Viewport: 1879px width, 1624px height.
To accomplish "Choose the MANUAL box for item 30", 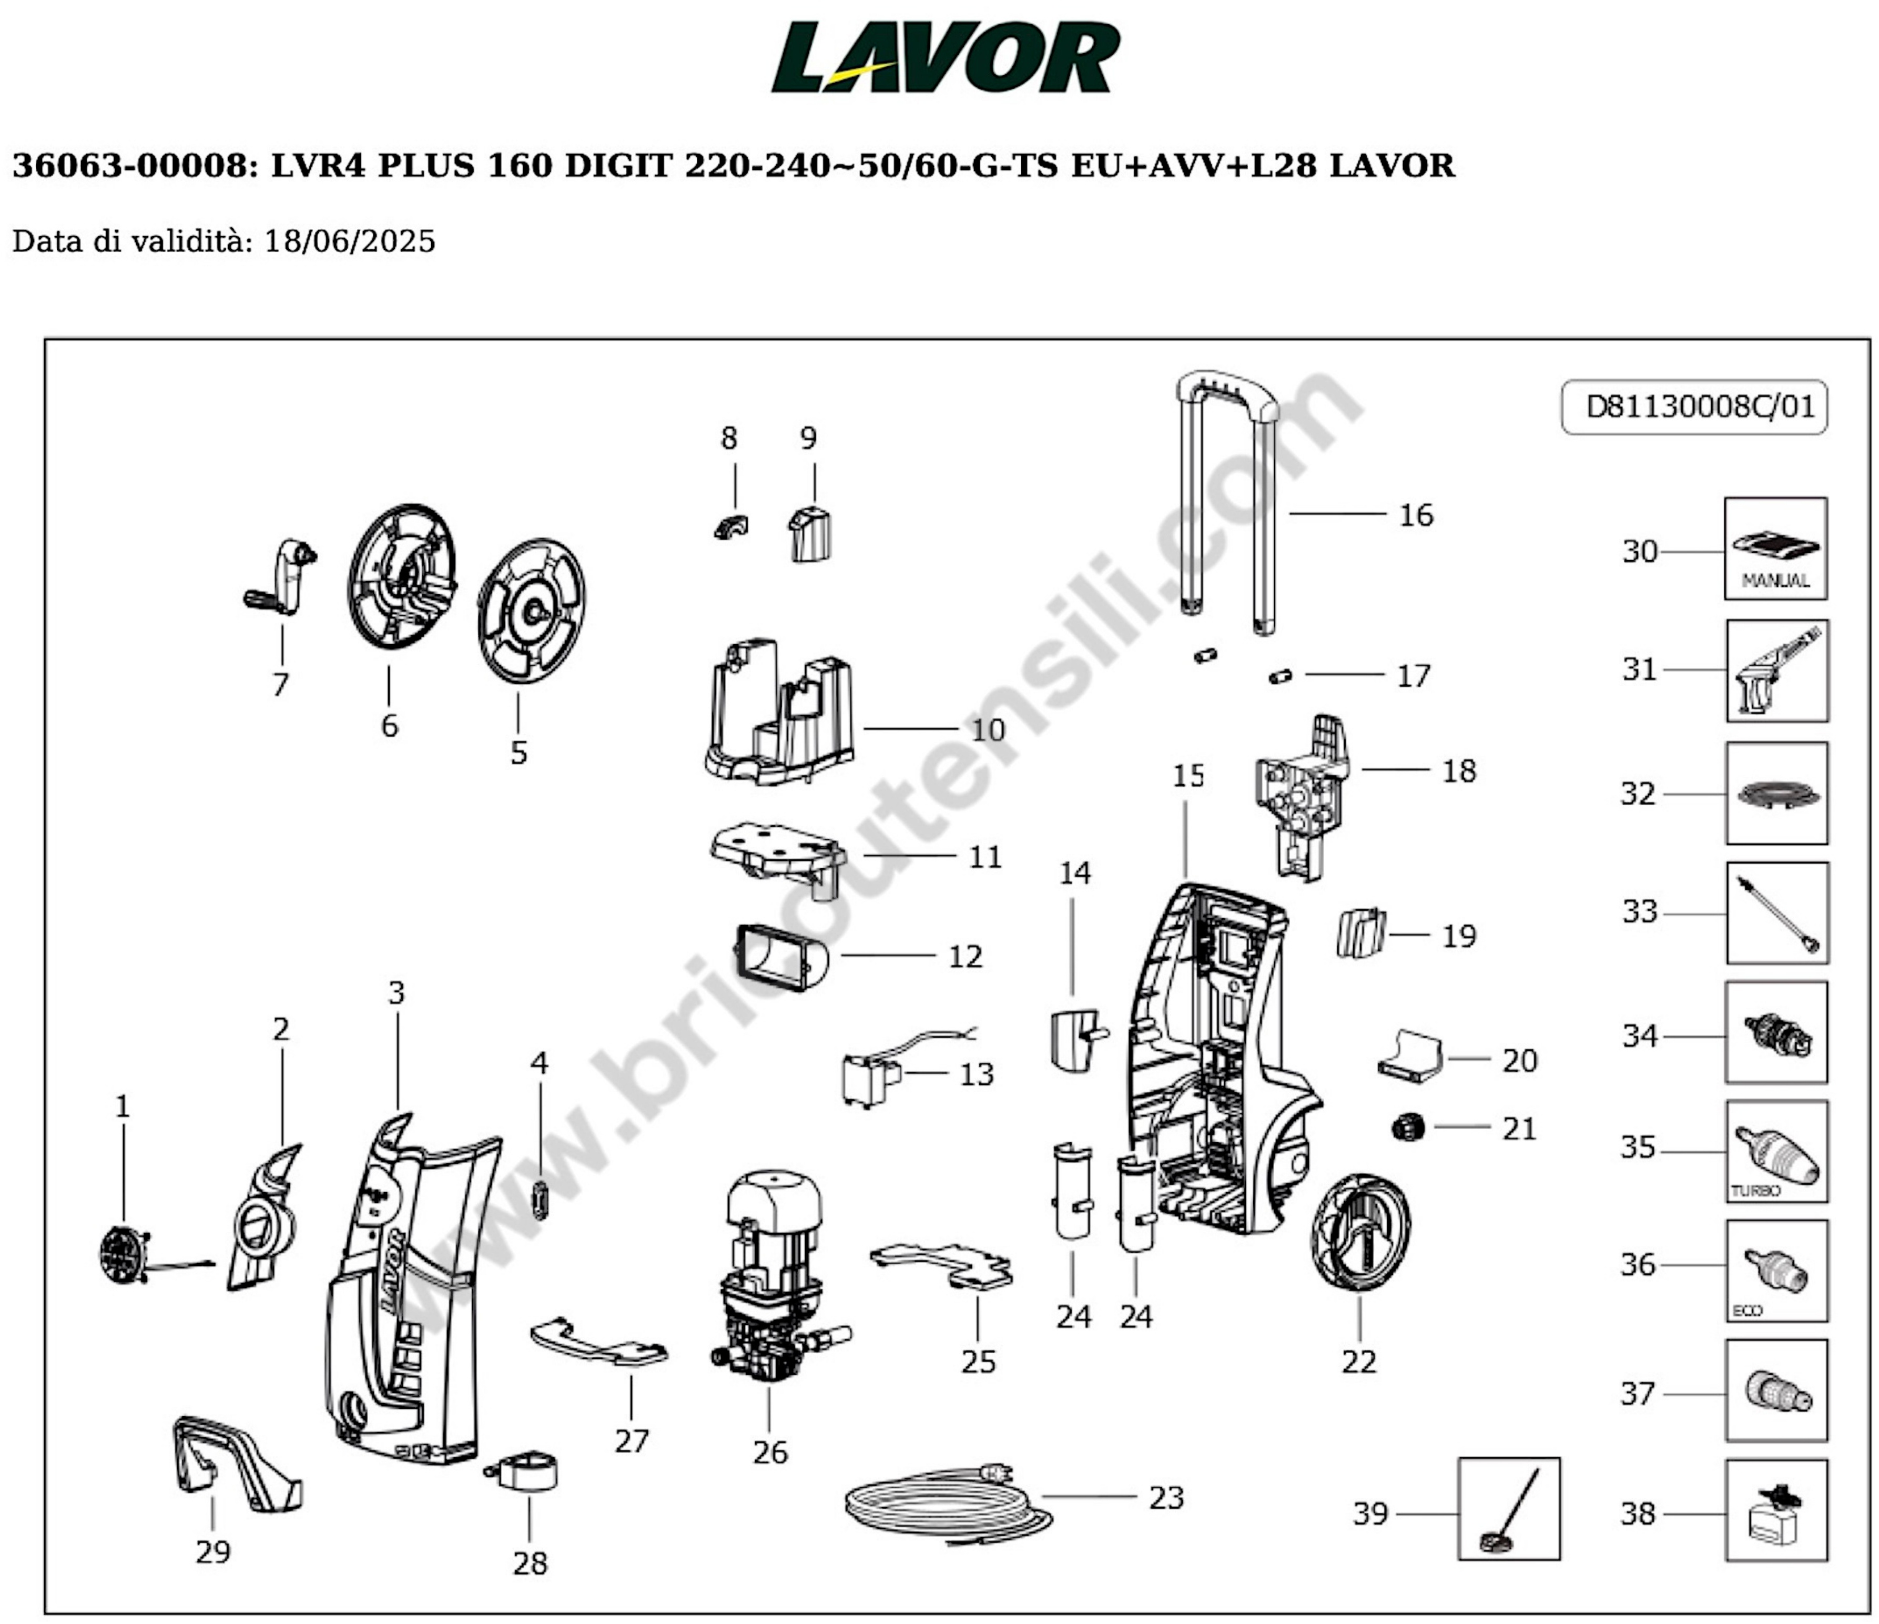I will [x=1775, y=549].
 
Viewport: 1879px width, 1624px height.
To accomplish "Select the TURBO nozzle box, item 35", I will [x=1775, y=1152].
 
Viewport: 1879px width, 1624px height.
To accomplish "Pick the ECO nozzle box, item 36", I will [x=1775, y=1271].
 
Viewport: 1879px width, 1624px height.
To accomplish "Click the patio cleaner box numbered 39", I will [x=1508, y=1510].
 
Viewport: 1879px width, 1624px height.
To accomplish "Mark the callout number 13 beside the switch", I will [x=977, y=1074].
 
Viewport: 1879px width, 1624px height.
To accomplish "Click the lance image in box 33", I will [x=1775, y=913].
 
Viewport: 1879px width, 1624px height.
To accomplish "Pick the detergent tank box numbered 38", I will [x=1775, y=1510].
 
